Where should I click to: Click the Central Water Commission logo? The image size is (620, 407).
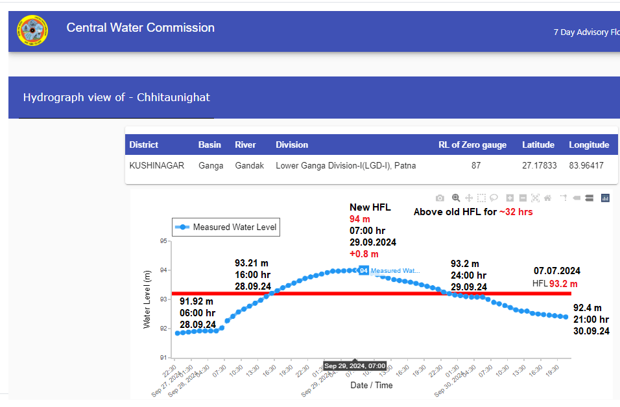point(32,30)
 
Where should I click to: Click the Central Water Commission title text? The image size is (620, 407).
point(140,28)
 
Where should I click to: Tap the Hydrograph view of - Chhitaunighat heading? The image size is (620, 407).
point(116,98)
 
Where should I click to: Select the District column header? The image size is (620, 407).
point(144,145)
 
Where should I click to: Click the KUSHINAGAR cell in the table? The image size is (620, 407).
point(157,166)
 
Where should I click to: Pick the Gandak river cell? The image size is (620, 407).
point(249,166)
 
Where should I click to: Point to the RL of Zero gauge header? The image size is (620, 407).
point(472,145)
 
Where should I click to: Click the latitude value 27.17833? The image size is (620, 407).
point(539,166)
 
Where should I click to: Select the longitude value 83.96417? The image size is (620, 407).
point(586,166)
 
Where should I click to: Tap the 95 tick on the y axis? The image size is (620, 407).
point(163,241)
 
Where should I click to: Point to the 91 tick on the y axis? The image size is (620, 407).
point(163,358)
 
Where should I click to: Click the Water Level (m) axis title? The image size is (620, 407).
point(147,299)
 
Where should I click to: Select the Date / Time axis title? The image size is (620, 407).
point(372,385)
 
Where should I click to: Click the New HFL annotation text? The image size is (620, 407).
point(370,207)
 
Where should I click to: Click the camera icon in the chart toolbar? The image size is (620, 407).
point(440,198)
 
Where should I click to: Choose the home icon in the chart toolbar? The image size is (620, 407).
point(547,198)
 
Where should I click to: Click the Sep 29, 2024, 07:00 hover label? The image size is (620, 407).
point(355,366)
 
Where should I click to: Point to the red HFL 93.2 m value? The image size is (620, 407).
point(563,284)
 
